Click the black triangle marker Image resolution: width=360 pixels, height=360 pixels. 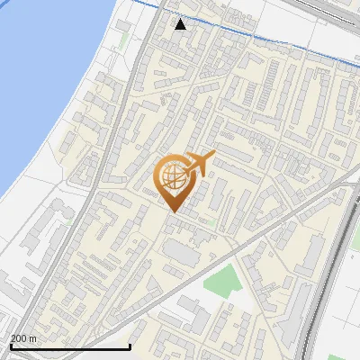click(181, 24)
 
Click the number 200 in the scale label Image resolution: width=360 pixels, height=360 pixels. click(19, 338)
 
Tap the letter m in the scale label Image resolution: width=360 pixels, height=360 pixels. click(33, 338)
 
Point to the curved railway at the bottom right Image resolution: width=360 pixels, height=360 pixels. click(324, 288)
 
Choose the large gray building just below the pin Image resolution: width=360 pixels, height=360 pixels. click(184, 254)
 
